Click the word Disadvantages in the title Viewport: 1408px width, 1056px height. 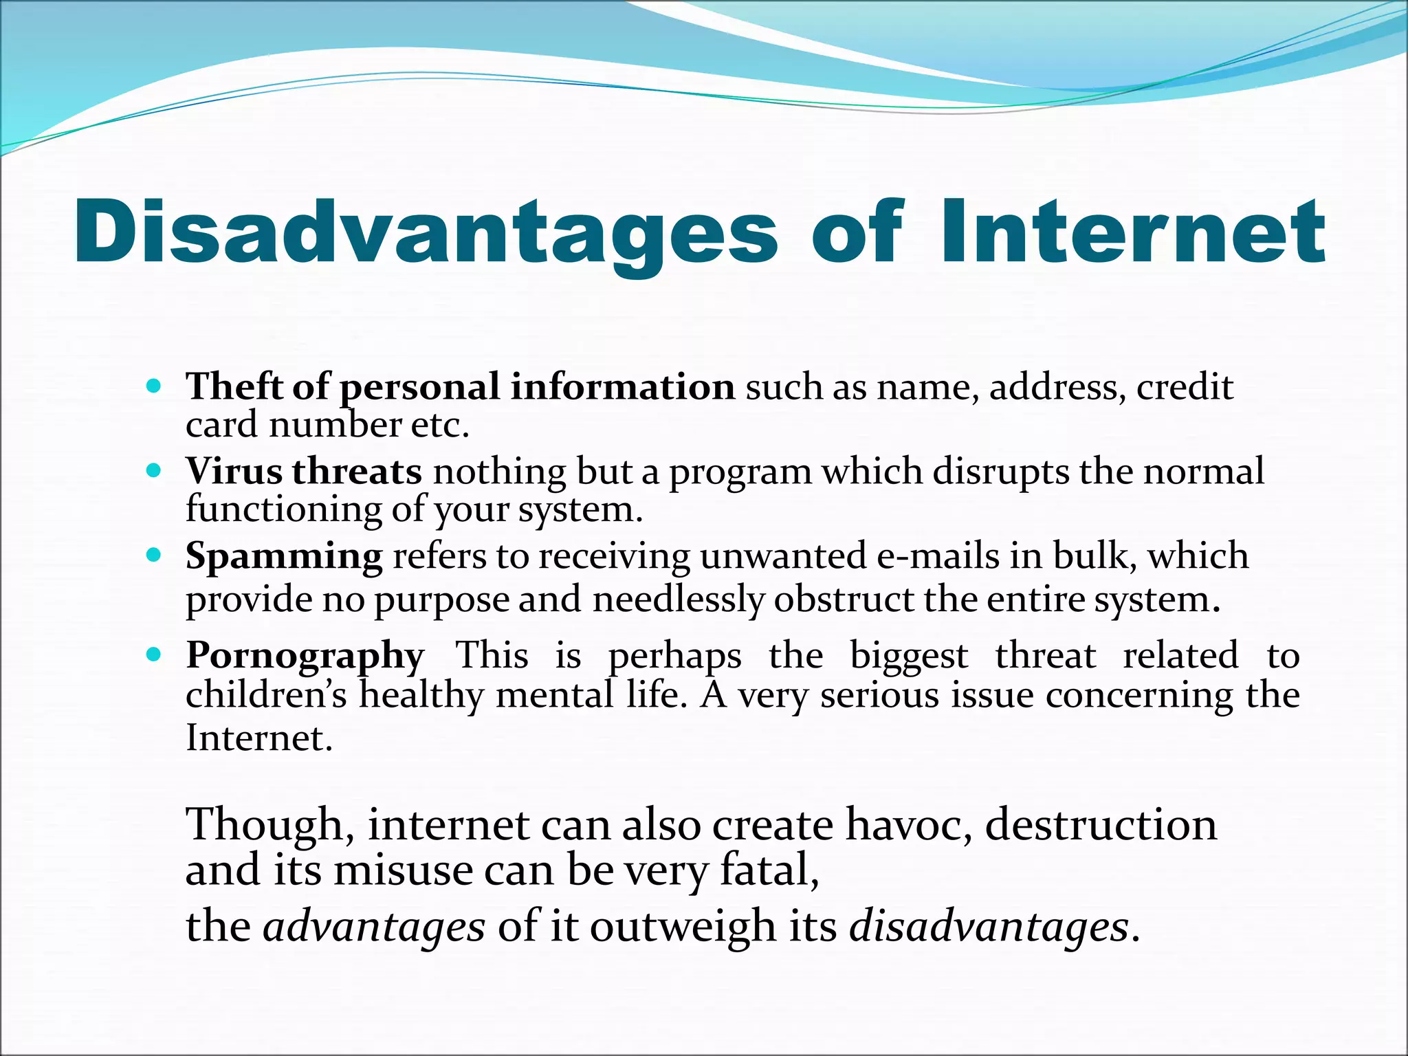(x=426, y=232)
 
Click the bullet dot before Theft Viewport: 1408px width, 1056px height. (x=154, y=386)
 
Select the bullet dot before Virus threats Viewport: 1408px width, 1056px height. (x=154, y=472)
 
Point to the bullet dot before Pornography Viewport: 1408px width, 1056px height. (x=154, y=653)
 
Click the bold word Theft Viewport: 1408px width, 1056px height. (x=233, y=386)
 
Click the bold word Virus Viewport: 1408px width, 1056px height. (x=234, y=472)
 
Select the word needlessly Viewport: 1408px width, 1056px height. (x=678, y=599)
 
